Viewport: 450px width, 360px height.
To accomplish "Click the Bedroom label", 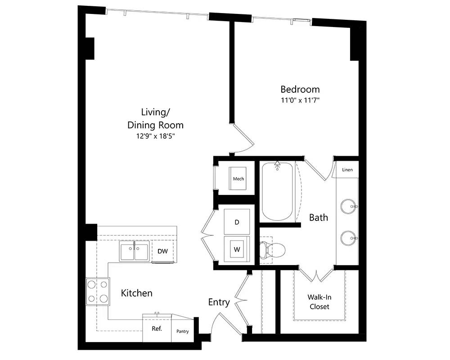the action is [300, 89].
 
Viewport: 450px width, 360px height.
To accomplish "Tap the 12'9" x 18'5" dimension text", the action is [156, 136].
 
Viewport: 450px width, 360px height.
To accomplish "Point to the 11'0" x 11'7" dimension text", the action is [300, 100].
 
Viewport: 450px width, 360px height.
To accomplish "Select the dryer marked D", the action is [237, 222].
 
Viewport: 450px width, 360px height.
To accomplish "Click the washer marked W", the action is [237, 249].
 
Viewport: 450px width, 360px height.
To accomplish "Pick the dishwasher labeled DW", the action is [163, 251].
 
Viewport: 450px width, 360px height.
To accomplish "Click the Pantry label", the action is [183, 331].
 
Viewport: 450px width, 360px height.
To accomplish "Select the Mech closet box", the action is [238, 178].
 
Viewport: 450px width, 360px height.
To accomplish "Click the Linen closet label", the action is [347, 170].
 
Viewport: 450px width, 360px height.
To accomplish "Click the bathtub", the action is [277, 192].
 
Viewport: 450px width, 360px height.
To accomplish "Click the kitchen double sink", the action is [134, 251].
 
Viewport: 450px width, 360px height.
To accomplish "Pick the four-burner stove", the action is [98, 292].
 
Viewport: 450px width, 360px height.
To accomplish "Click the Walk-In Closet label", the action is [319, 301].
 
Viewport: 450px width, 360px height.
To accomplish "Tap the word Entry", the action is [219, 302].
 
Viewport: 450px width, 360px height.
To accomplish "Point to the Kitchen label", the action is [137, 293].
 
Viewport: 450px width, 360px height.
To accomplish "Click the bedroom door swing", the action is [243, 138].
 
